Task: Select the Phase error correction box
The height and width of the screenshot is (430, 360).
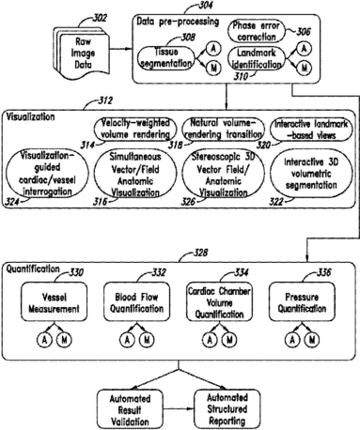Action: (256, 31)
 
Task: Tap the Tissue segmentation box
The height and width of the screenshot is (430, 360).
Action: (165, 57)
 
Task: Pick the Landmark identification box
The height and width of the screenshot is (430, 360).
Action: (257, 58)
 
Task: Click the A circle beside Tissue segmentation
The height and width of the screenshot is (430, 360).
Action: (213, 49)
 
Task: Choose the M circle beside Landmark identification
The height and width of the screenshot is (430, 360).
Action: (304, 68)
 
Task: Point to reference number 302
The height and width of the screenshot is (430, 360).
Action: (100, 18)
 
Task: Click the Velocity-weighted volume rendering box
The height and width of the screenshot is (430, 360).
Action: (135, 129)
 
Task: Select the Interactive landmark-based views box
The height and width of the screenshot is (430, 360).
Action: (311, 130)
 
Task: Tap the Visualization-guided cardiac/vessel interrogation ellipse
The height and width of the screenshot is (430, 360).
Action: (47, 173)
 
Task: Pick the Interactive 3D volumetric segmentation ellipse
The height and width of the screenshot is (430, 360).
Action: (311, 174)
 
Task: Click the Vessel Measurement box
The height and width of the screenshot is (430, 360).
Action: (54, 302)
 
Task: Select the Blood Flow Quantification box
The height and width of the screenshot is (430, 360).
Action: (136, 302)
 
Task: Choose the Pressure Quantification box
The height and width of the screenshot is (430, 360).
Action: (302, 302)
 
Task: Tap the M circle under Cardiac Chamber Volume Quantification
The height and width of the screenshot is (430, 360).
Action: (229, 340)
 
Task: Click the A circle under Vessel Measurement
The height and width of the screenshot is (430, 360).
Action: (44, 340)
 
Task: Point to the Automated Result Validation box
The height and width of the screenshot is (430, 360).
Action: (130, 409)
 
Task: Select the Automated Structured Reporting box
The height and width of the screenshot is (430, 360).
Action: (227, 409)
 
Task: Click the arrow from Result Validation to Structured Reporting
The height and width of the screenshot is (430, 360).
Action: (179, 409)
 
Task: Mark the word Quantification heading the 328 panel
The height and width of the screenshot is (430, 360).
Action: (33, 269)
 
